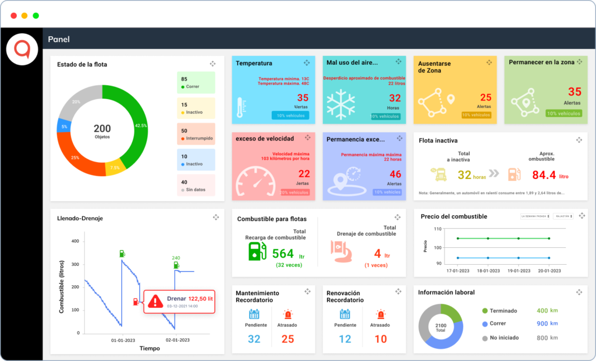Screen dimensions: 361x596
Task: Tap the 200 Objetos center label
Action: pos(102,131)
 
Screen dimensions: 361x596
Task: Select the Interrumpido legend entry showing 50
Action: pos(196,134)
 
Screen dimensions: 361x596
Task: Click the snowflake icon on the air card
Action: pos(340,104)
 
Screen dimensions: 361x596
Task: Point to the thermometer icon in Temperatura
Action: pos(240,108)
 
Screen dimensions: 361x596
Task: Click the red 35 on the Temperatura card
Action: pos(303,98)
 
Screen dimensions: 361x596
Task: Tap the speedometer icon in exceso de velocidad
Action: pos(254,181)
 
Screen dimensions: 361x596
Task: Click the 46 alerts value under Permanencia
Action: pos(395,174)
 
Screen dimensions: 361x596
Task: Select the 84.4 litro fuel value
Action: pos(544,174)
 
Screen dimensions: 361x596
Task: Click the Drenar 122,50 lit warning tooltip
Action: pos(179,301)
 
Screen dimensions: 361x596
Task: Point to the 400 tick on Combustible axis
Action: pos(74,241)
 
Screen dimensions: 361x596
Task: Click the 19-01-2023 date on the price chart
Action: pos(519,271)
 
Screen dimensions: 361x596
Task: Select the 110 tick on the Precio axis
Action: pos(438,229)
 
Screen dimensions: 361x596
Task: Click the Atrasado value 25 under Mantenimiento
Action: pos(288,339)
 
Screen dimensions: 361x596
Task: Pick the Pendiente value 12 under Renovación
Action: pos(345,339)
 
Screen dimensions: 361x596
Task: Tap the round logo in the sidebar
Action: pos(22,50)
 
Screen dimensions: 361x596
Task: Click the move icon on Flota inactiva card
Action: pos(579,140)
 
